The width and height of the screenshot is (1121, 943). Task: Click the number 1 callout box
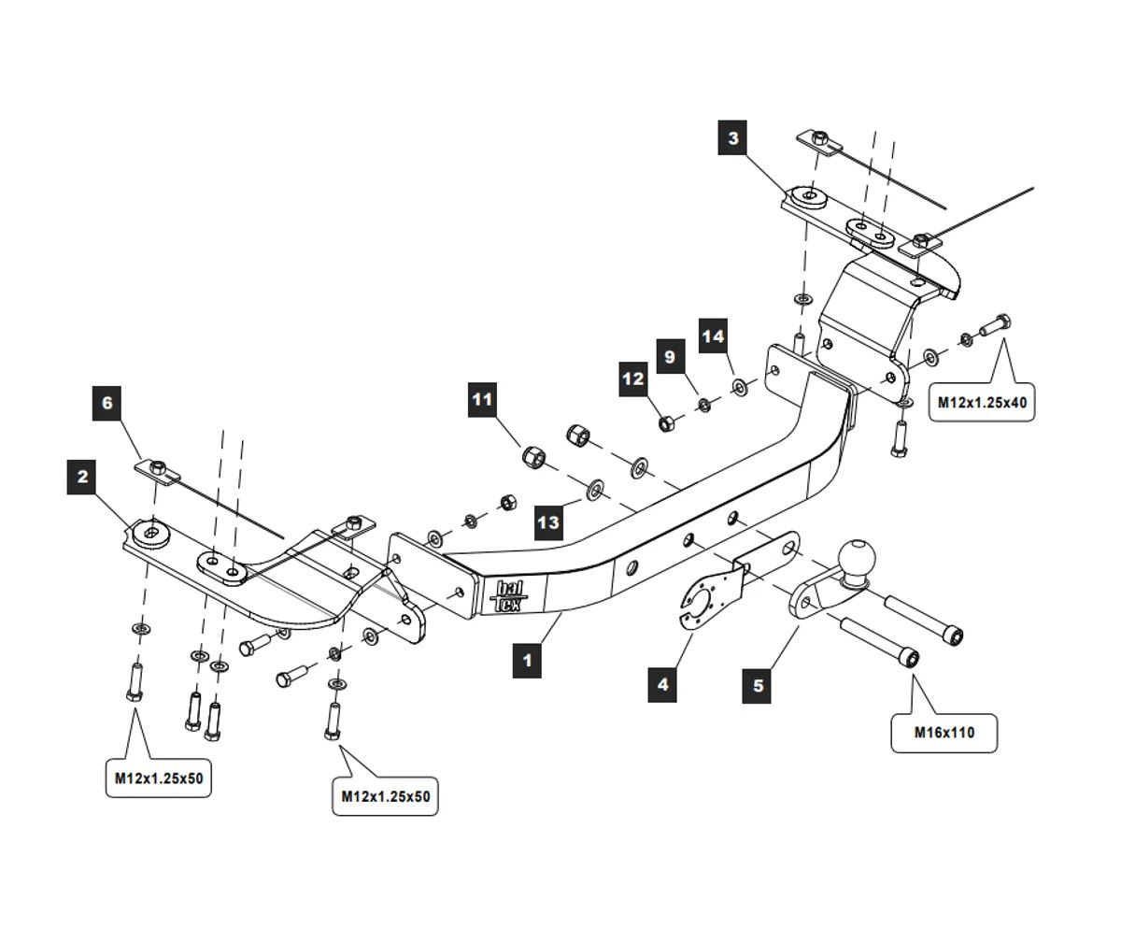(527, 661)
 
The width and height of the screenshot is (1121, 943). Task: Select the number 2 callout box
(82, 478)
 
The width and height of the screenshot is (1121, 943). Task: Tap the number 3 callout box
(733, 138)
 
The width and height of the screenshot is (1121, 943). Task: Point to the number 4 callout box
(662, 684)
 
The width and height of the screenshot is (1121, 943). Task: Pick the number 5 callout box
(758, 685)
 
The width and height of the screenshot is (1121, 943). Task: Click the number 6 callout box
(107, 403)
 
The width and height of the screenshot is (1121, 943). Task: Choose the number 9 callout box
(670, 357)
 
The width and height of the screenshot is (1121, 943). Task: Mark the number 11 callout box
(482, 400)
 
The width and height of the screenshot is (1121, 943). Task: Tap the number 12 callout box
(633, 379)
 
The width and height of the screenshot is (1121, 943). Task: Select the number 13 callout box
(548, 522)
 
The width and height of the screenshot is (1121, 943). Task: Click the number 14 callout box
(713, 336)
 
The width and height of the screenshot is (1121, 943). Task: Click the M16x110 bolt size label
(944, 733)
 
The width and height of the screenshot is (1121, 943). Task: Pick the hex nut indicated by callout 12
(666, 423)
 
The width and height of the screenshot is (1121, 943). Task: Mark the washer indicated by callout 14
(739, 385)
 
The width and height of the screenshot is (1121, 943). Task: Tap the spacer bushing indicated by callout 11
(534, 457)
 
